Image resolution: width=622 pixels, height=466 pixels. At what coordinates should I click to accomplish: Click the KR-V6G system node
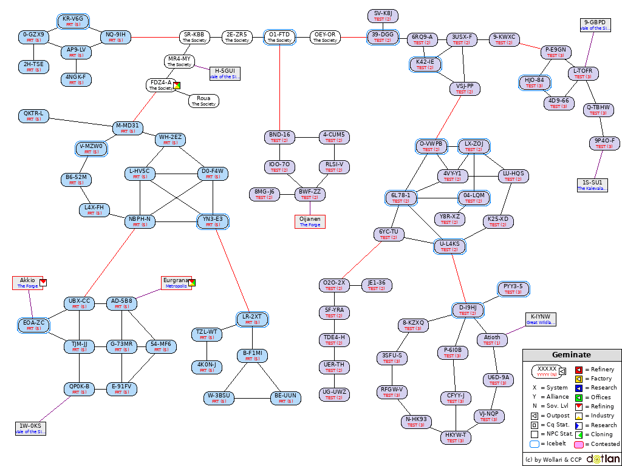(x=73, y=22)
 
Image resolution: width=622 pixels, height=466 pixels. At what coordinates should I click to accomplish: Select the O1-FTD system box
(x=279, y=38)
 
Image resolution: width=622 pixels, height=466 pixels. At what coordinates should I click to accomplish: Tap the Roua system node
(x=203, y=101)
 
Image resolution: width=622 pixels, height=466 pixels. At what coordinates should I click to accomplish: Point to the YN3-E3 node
(x=213, y=222)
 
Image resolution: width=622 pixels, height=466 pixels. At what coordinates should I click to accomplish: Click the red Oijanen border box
(x=310, y=222)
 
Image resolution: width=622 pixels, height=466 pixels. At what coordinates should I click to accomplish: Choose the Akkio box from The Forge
(x=27, y=283)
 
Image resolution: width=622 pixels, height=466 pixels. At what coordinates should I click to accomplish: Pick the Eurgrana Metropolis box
(x=176, y=283)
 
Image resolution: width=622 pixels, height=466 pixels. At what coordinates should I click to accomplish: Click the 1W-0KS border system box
(x=30, y=428)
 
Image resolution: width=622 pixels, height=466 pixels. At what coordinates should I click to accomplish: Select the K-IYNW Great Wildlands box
(x=541, y=319)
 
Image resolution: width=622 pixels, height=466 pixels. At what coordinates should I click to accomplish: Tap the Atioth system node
(x=493, y=340)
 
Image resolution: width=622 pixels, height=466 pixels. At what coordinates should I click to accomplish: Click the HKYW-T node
(x=456, y=437)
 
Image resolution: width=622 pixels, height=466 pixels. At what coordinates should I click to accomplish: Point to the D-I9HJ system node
(x=468, y=311)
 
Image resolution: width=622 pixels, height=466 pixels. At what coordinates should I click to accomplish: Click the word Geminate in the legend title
(x=571, y=355)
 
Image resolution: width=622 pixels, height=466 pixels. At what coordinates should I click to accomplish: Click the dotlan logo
(x=603, y=459)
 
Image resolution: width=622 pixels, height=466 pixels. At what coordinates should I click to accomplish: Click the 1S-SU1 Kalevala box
(x=592, y=185)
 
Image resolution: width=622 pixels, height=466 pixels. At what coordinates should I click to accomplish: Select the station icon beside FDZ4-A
(x=177, y=85)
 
